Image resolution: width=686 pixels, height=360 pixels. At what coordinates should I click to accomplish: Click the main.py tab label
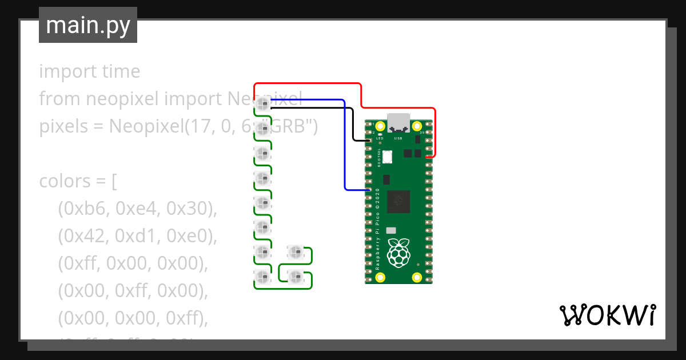pyautogui.click(x=87, y=26)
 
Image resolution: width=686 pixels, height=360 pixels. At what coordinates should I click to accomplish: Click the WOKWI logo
pyautogui.click(x=607, y=315)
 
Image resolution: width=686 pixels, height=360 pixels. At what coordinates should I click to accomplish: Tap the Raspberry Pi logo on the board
pyautogui.click(x=399, y=253)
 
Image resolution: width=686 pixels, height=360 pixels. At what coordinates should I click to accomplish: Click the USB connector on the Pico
pyautogui.click(x=398, y=122)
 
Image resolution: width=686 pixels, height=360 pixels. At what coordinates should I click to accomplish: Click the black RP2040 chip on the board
pyautogui.click(x=398, y=201)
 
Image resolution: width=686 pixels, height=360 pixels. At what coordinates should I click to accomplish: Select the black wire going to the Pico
pyautogui.click(x=320, y=107)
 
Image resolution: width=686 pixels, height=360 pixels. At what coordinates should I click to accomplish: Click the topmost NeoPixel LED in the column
pyautogui.click(x=262, y=103)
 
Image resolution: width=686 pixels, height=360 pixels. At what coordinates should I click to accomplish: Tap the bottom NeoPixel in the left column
pyautogui.click(x=262, y=278)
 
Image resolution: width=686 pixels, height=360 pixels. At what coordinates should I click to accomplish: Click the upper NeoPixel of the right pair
pyautogui.click(x=296, y=251)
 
